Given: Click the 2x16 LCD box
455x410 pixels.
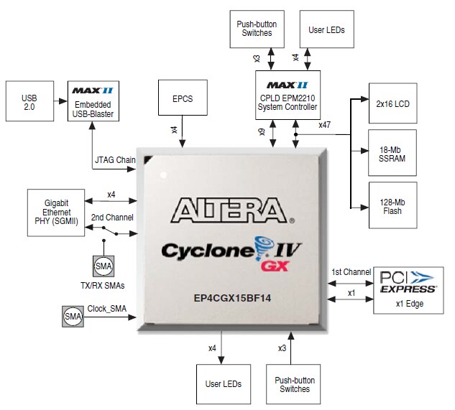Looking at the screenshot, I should click(392, 103).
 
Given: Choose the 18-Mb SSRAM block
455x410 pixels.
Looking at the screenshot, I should click(392, 154).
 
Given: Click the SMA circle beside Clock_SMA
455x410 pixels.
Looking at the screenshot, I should click(73, 315).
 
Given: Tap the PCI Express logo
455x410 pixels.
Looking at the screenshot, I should click(408, 281).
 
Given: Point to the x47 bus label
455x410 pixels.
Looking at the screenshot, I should click(324, 125).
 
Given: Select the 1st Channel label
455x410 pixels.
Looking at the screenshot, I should click(351, 272).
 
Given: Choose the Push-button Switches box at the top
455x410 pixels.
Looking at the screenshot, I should click(257, 29).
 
